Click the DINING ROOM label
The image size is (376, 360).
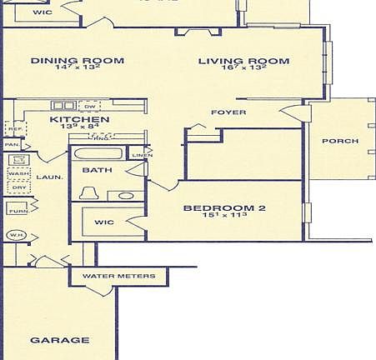77,61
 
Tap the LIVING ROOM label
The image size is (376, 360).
243,61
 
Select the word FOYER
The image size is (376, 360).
227,112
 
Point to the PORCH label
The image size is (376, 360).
342,141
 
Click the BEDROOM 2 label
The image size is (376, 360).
224,208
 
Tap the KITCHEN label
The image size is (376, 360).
79,120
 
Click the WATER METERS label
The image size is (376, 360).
119,276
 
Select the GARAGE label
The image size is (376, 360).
59,340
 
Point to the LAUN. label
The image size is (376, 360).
45,177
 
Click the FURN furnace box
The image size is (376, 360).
18,211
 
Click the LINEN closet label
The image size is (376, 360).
142,156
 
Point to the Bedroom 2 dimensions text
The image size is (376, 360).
224,217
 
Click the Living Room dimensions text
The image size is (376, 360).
243,69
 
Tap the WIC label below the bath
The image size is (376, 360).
104,222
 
